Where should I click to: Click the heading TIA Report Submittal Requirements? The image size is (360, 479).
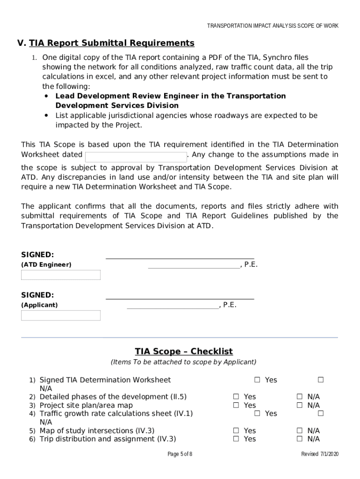[111, 44]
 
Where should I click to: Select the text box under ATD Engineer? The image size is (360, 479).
[61, 275]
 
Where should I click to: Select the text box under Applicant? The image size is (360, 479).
[61, 316]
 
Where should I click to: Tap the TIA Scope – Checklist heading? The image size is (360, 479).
[184, 352]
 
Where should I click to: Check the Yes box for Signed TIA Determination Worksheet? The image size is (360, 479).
[257, 380]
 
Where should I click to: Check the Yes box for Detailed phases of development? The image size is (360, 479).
[236, 397]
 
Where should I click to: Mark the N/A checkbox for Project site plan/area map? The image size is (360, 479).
[300, 406]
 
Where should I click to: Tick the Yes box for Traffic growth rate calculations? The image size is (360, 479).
[257, 414]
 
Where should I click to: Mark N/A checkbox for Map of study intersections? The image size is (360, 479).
[300, 431]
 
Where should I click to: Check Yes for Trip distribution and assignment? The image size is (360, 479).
[236, 439]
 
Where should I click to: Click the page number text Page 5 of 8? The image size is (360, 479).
[180, 454]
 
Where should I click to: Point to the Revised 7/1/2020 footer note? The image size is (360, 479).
[320, 454]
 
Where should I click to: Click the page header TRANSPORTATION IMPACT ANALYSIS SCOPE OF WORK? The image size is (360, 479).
[273, 26]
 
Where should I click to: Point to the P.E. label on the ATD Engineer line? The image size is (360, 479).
[251, 265]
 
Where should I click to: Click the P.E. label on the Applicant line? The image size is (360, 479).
[230, 305]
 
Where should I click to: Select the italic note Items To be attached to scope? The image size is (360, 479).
[183, 362]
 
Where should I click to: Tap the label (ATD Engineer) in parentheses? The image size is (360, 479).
[46, 265]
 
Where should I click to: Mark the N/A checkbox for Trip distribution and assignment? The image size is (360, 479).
[300, 439]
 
